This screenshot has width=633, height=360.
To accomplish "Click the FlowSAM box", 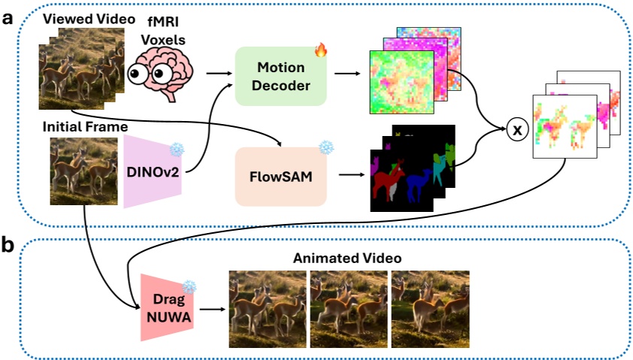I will pyautogui.click(x=281, y=177).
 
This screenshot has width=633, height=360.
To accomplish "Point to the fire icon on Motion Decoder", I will pyautogui.click(x=321, y=50).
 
